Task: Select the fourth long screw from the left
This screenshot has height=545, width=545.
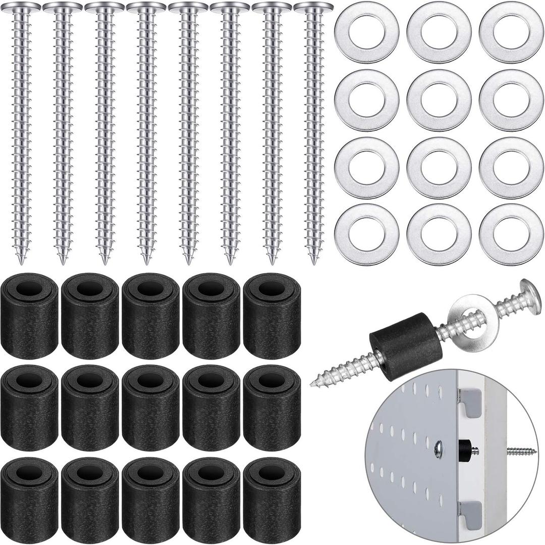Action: coord(146,131)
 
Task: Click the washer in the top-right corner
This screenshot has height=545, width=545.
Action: coord(511,31)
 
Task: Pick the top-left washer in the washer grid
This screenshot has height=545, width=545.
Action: coord(367,31)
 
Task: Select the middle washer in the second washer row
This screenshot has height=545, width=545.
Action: coord(439,100)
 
